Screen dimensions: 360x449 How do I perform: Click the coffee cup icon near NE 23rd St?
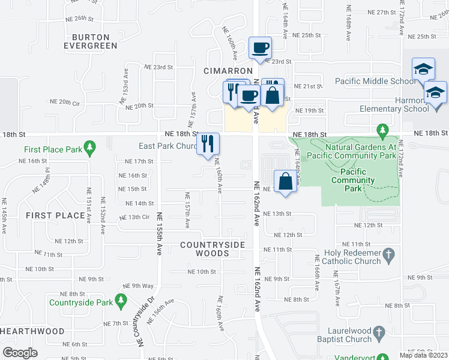click(x=260, y=48)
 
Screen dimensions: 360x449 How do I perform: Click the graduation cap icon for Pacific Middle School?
click(x=423, y=70)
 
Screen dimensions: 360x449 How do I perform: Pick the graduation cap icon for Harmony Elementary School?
click(x=435, y=93)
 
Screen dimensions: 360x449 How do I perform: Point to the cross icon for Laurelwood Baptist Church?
click(x=378, y=332)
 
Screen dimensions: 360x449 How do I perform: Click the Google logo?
click(x=20, y=353)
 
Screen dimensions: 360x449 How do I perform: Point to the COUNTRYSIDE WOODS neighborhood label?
click(x=212, y=249)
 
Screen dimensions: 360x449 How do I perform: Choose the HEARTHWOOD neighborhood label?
click(x=32, y=331)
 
